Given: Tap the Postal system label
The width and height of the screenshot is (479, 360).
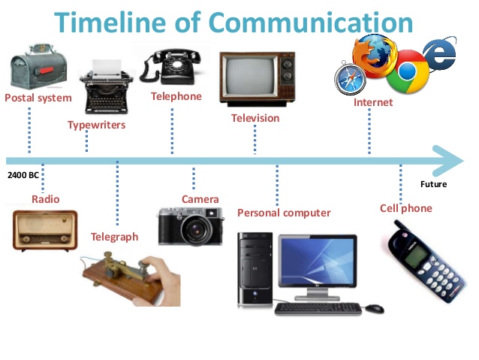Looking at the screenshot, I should point(38,98).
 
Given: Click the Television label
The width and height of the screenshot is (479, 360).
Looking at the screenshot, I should point(255,118).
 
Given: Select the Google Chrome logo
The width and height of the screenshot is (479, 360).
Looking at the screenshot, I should point(406,71).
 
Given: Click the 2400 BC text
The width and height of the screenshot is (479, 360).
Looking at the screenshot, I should point(23,175).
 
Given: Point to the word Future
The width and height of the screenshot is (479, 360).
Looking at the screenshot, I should point(433,184).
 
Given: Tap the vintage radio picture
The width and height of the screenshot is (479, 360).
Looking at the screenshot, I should point(45,229).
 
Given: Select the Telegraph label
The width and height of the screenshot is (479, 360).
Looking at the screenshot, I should point(114,237).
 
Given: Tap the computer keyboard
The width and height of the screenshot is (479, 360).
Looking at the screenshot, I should point(318,308).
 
